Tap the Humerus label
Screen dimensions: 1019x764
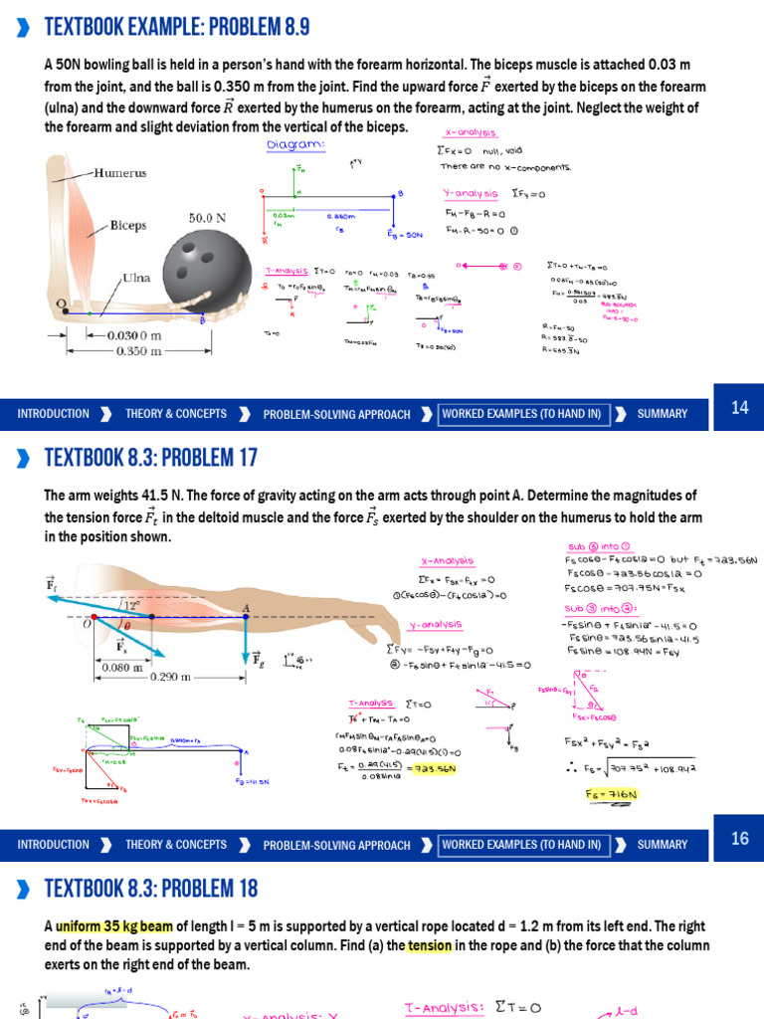pyautogui.click(x=119, y=172)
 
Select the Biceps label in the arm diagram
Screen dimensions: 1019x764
pyautogui.click(x=128, y=225)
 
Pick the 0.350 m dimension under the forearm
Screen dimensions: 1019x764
pyautogui.click(x=137, y=351)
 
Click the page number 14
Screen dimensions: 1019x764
pyautogui.click(x=739, y=407)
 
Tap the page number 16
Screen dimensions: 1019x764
pyautogui.click(x=739, y=838)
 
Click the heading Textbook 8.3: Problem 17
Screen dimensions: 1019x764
pyautogui.click(x=151, y=458)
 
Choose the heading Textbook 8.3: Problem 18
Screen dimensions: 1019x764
pyautogui.click(x=151, y=888)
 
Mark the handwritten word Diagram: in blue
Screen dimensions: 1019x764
pyautogui.click(x=296, y=145)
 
